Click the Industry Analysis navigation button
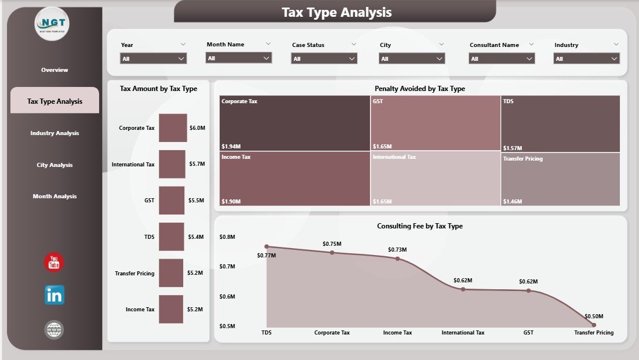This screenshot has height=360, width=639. [55, 133]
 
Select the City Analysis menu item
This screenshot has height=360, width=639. [55, 165]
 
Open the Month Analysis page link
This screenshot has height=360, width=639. [55, 197]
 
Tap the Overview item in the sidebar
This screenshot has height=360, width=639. [55, 70]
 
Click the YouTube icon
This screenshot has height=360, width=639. [55, 262]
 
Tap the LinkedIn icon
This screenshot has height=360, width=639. [55, 295]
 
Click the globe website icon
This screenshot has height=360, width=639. [55, 330]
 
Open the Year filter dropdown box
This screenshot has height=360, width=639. [153, 59]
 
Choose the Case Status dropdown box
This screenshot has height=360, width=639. [324, 59]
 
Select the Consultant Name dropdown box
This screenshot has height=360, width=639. [502, 59]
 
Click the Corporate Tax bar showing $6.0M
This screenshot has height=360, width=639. [173, 128]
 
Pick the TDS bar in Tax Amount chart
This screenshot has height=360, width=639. [171, 237]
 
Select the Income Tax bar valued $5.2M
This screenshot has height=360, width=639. [170, 310]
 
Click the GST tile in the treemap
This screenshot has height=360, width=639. [435, 123]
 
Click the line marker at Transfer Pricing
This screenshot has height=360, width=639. [593, 325]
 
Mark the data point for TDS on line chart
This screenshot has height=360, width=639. [267, 247]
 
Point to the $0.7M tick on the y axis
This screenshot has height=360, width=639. [227, 267]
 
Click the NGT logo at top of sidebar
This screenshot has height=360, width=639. [52, 24]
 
